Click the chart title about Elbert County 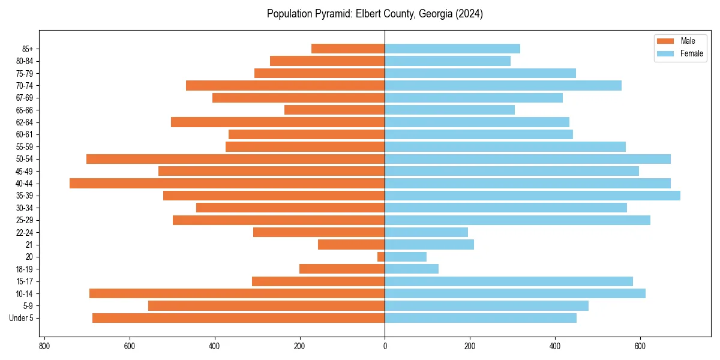[374, 14]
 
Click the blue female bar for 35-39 [532, 196]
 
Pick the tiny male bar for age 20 [381, 257]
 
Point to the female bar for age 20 [406, 257]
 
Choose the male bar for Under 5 [238, 318]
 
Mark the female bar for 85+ [452, 49]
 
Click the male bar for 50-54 [235, 159]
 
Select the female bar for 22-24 [426, 232]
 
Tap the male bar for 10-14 [237, 293]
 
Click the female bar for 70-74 [503, 85]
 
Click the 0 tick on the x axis [385, 346]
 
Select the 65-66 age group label [25, 110]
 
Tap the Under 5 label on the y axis [21, 318]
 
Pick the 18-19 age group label [25, 269]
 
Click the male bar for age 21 [351, 245]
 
